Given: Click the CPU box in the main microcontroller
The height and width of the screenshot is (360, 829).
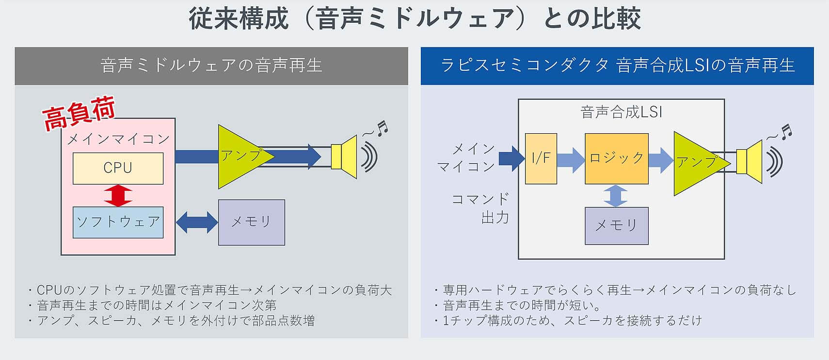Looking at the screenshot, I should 118,168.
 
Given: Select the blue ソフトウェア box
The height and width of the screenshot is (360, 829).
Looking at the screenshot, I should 118,222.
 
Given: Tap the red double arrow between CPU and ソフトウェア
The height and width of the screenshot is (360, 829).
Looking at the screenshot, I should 118,195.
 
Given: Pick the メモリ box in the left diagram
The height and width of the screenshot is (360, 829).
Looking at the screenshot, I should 251,222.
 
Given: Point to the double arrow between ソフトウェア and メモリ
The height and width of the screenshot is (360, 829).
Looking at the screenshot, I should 196,222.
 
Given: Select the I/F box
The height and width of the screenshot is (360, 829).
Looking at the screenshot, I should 541,158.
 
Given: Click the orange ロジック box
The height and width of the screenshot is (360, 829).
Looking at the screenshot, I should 616,158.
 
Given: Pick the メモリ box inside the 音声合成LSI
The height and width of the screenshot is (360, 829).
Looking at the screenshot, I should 616,225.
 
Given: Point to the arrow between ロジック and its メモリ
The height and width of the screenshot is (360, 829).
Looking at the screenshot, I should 616,196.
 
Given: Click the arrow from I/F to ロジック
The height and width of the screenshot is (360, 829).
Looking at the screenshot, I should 571,159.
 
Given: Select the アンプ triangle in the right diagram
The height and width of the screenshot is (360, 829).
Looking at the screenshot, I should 696,163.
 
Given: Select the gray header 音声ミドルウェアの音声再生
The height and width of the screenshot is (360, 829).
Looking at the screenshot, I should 211,65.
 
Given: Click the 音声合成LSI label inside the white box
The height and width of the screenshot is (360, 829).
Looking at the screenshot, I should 621,112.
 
